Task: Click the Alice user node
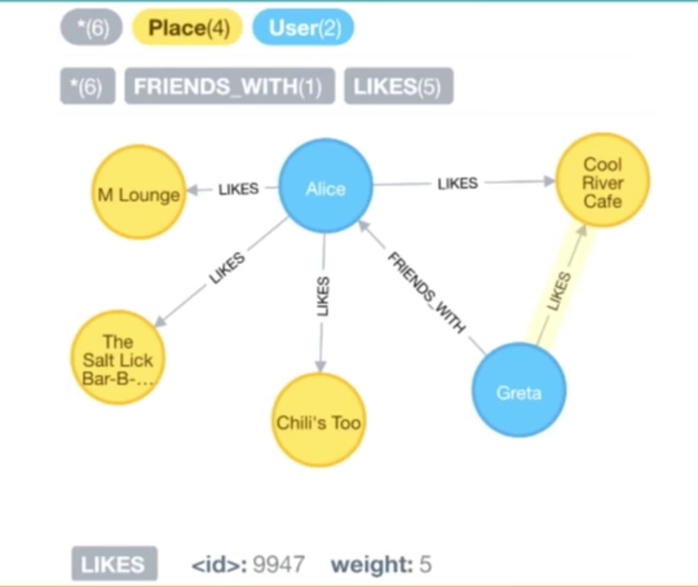pyautogui.click(x=325, y=187)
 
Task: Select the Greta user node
pyautogui.click(x=518, y=391)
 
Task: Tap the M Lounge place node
pyautogui.click(x=138, y=193)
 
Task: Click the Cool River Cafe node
pyautogui.click(x=602, y=181)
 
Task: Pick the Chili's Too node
pyautogui.click(x=319, y=421)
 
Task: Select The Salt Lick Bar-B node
pyautogui.click(x=117, y=358)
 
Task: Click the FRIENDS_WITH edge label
pyautogui.click(x=426, y=293)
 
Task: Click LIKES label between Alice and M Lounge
pyautogui.click(x=238, y=189)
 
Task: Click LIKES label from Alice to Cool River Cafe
pyautogui.click(x=458, y=184)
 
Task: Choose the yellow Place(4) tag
pyautogui.click(x=188, y=29)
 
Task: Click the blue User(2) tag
pyautogui.click(x=303, y=29)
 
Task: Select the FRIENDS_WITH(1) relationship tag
pyautogui.click(x=229, y=87)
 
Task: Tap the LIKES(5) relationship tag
pyautogui.click(x=398, y=87)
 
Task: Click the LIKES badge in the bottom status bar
pyautogui.click(x=113, y=564)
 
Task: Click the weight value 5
pyautogui.click(x=425, y=564)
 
